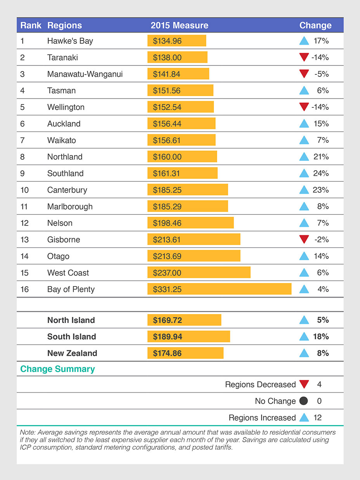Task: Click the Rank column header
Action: click(x=31, y=26)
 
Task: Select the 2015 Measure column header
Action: click(x=179, y=26)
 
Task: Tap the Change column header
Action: click(x=315, y=26)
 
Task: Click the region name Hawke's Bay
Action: click(x=70, y=41)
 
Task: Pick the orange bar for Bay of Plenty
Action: click(x=219, y=289)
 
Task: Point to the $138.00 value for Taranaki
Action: click(x=167, y=57)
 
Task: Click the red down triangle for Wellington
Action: click(x=304, y=107)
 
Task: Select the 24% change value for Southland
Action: click(x=321, y=173)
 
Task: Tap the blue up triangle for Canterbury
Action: click(x=304, y=190)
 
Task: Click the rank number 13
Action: click(x=24, y=240)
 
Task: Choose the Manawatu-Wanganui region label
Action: click(x=85, y=74)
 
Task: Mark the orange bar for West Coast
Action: click(x=199, y=273)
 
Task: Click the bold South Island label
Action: click(x=71, y=337)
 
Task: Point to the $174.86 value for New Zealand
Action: click(x=167, y=353)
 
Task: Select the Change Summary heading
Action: click(x=57, y=369)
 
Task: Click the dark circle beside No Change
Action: click(x=304, y=401)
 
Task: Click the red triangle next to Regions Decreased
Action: click(x=304, y=385)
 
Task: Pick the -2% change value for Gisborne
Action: click(x=322, y=240)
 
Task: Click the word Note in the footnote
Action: click(x=27, y=432)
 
